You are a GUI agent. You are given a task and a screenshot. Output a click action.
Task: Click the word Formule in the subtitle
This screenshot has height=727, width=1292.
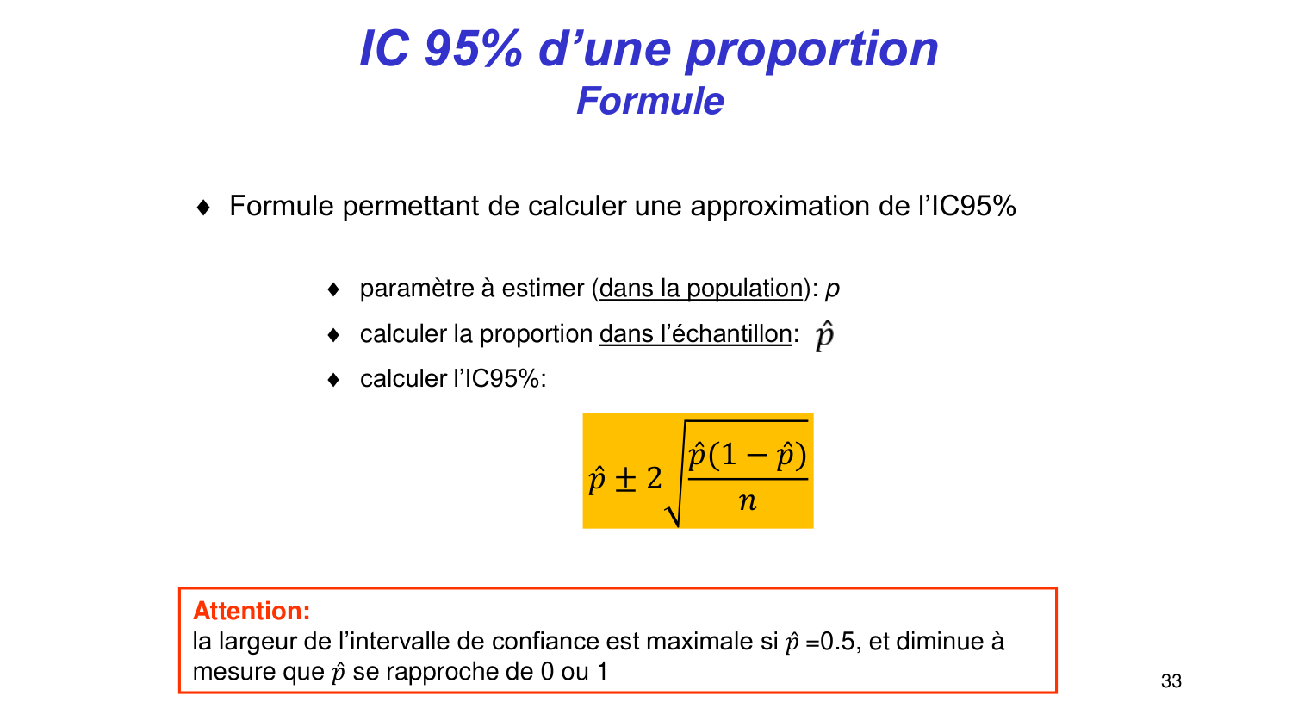pos(650,101)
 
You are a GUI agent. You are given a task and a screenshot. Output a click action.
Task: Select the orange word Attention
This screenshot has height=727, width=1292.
pos(251,611)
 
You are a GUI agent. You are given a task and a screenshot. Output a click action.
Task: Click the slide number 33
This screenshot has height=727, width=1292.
pos(1171,681)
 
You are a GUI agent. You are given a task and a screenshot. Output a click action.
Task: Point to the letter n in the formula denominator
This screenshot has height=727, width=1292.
pos(747,501)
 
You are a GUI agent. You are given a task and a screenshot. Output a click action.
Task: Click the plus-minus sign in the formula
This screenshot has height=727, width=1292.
pos(625,479)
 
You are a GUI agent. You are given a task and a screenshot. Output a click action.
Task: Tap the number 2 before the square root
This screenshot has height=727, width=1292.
pos(654,478)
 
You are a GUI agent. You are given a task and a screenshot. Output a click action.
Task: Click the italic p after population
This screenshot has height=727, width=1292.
pos(832,289)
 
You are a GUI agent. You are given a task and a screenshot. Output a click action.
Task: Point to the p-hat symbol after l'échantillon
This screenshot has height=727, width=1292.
pos(824,335)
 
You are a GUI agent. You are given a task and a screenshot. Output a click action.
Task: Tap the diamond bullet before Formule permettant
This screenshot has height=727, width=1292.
pos(203,208)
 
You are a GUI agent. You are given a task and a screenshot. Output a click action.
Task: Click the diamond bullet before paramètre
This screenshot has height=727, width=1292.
pos(334,289)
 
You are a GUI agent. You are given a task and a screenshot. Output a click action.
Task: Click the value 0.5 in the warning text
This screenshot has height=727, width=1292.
pos(837,642)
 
